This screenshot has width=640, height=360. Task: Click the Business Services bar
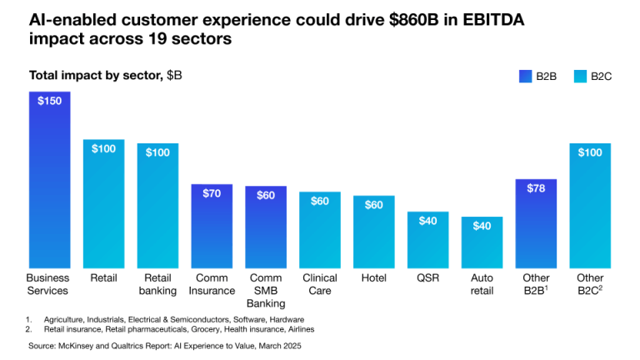coord(49,179)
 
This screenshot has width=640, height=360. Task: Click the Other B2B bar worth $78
coord(536,223)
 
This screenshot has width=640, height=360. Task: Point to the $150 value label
coord(49,100)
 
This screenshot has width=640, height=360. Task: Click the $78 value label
coord(536,188)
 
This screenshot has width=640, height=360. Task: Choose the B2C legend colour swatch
coord(581,77)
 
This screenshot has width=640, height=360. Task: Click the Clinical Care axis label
coord(320,284)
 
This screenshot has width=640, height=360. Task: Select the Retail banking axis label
coord(157,284)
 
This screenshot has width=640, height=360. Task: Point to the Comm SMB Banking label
coord(266,290)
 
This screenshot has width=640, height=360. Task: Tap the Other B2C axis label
coord(590,284)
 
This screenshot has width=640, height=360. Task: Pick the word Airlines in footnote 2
coord(298,329)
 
